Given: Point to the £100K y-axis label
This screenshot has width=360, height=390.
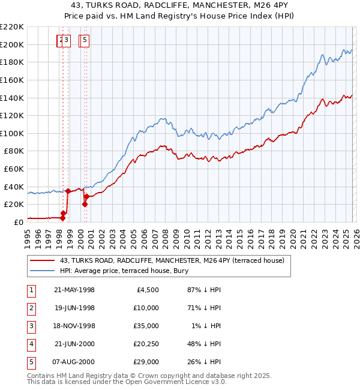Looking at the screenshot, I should [x=12, y=133].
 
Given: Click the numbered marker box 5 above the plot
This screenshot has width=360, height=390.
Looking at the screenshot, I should [x=85, y=40].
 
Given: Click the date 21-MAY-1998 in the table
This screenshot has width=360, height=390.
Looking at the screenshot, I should [x=74, y=290].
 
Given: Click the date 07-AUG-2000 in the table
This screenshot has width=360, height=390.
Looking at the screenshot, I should [x=74, y=362].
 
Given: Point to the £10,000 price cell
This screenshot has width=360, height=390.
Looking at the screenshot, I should [x=146, y=308].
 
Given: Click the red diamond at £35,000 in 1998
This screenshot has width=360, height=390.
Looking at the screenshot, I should [x=68, y=191].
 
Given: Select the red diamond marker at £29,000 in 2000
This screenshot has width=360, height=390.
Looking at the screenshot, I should [x=87, y=196].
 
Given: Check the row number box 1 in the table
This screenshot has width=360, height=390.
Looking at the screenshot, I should [x=31, y=290].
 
